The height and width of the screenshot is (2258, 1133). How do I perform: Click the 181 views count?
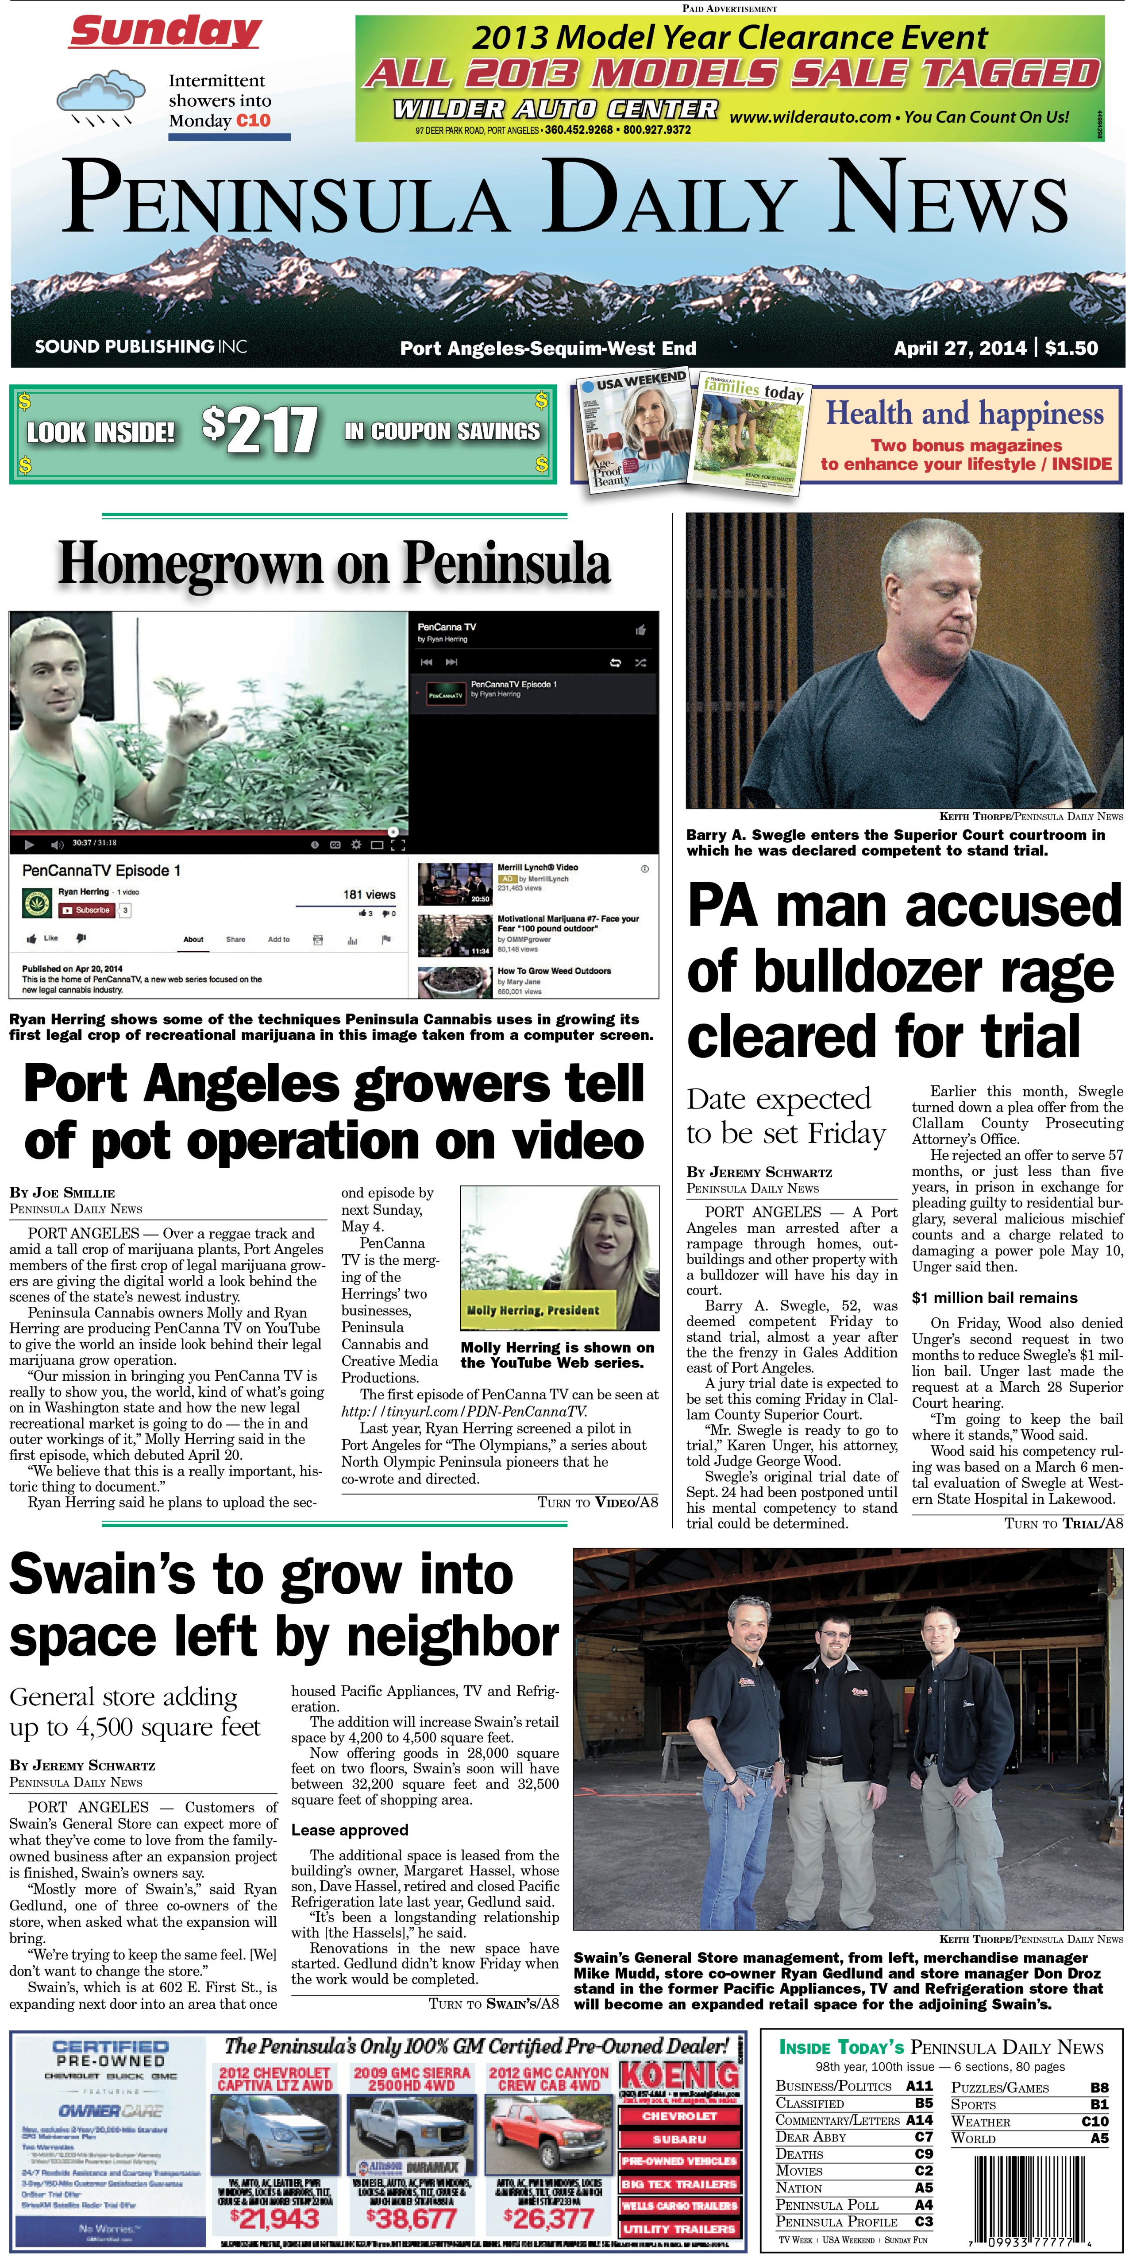(x=369, y=894)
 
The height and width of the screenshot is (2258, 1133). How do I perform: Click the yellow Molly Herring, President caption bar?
(x=533, y=1309)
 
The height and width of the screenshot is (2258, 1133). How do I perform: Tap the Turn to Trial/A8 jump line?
(x=1063, y=1523)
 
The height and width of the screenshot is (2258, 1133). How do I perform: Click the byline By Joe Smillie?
(x=62, y=1192)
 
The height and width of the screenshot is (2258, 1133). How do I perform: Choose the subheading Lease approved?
(x=350, y=1830)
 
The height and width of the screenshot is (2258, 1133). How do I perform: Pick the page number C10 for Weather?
(x=1094, y=2121)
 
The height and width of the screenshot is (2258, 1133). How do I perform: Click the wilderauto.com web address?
(x=809, y=116)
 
